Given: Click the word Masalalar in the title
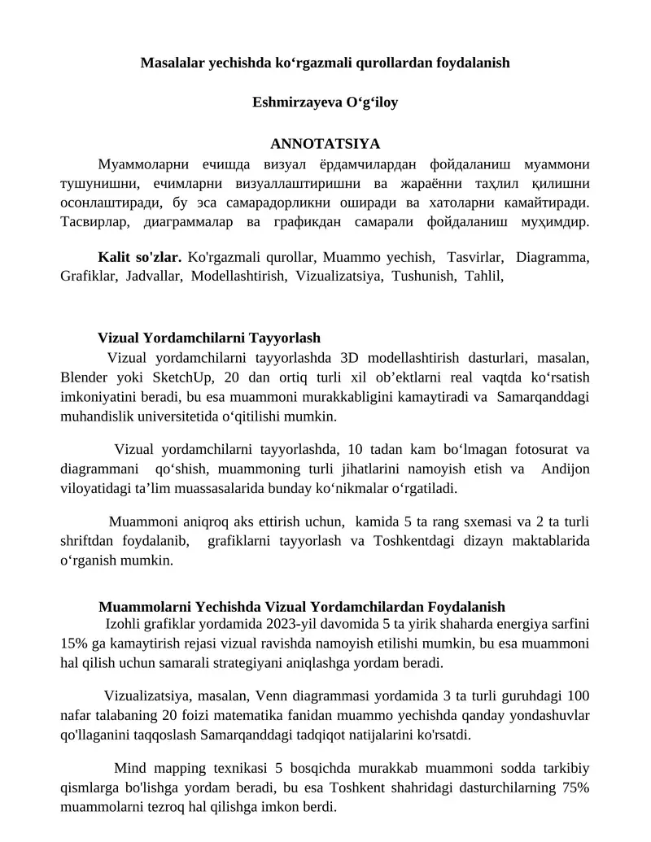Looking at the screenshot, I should [x=170, y=63].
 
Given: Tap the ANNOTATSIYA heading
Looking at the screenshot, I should [x=325, y=144].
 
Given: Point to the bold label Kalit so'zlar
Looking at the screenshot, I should [x=139, y=258].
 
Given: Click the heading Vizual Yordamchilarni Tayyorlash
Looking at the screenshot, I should [x=209, y=338].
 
